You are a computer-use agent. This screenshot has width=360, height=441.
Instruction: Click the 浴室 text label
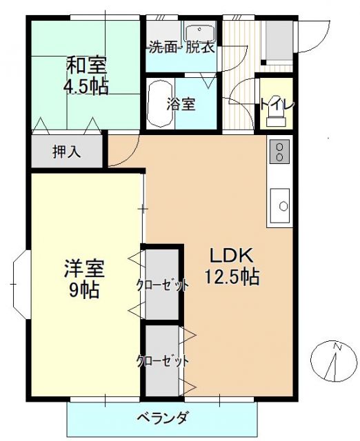[181, 105]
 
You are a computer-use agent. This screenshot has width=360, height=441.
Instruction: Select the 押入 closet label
[67, 152]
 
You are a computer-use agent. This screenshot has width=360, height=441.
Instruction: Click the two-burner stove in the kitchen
[279, 152]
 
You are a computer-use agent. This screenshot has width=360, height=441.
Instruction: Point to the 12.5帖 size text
[232, 277]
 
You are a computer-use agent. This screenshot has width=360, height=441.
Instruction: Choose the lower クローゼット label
[162, 360]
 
